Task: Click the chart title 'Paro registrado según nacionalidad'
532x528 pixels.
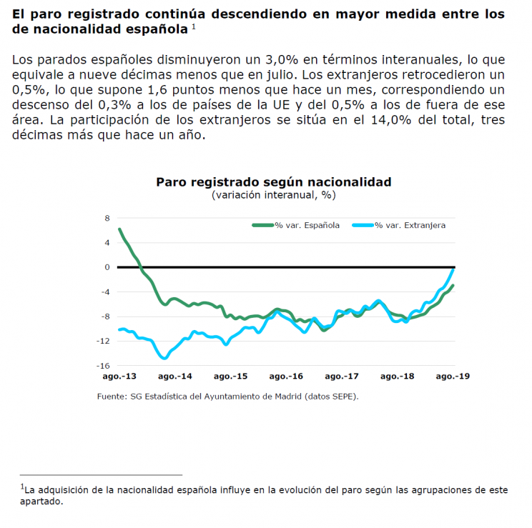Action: coord(273,182)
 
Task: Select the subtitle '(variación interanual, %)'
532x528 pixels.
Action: coord(273,195)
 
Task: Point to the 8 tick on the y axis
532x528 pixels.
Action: coord(107,218)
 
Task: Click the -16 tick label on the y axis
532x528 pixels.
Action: coord(103,366)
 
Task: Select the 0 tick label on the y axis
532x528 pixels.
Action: coord(107,267)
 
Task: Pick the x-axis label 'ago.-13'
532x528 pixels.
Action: coord(119,376)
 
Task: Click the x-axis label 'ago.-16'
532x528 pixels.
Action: coord(286,376)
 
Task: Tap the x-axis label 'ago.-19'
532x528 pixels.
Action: coord(453,376)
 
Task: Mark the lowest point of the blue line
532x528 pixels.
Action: coord(164,358)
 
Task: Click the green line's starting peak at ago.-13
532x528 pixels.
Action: coord(119,229)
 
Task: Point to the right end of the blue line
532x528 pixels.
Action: coord(453,269)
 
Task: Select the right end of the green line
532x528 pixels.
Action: coord(453,286)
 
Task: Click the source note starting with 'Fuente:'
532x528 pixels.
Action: coord(227,397)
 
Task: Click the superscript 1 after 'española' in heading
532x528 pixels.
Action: coord(194,26)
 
